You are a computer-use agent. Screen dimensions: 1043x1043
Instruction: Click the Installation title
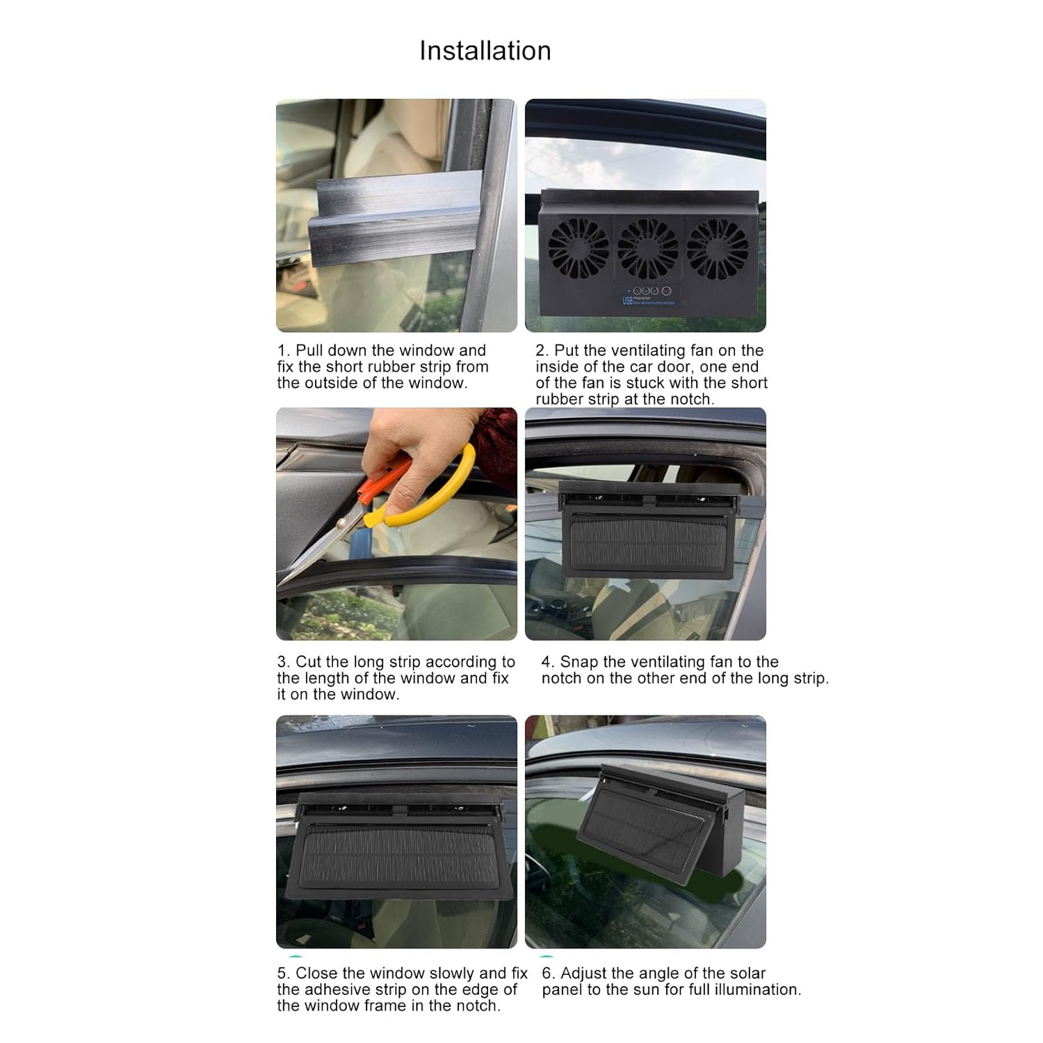pos(485,51)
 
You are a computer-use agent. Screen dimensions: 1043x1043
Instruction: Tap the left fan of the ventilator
pos(578,248)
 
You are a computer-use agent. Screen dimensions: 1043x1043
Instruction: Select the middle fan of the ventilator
pos(647,248)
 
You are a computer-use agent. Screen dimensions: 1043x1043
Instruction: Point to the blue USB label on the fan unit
pos(627,300)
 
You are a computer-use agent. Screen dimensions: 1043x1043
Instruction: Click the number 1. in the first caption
pos(283,350)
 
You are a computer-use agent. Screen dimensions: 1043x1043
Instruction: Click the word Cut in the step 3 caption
pos(309,662)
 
